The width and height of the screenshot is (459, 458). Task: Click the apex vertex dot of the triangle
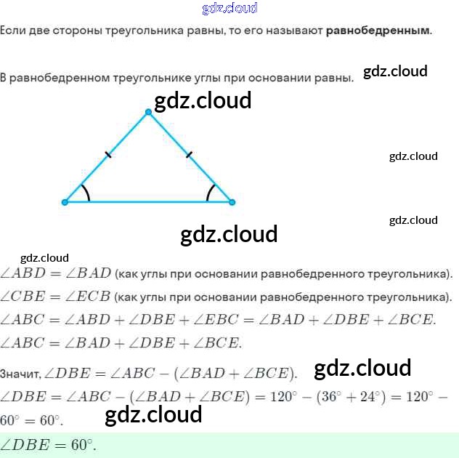pos(148,112)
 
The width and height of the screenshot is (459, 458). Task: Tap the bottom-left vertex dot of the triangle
pos(65,202)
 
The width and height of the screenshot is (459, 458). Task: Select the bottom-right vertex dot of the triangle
pos(232,202)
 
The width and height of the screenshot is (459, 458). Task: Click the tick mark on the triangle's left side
pos(107,155)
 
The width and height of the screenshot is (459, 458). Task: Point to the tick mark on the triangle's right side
pos(190,154)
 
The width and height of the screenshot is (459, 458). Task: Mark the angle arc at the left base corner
pos(86,193)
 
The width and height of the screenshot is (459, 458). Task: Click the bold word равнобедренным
pos(378,31)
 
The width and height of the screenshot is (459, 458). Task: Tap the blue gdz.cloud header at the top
pos(229,8)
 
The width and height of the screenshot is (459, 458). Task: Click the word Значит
pos(20,375)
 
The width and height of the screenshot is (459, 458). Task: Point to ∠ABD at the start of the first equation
pos(23,273)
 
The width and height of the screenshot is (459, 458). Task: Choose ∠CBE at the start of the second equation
pos(23,297)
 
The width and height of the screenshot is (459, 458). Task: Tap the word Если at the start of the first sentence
pos(12,31)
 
